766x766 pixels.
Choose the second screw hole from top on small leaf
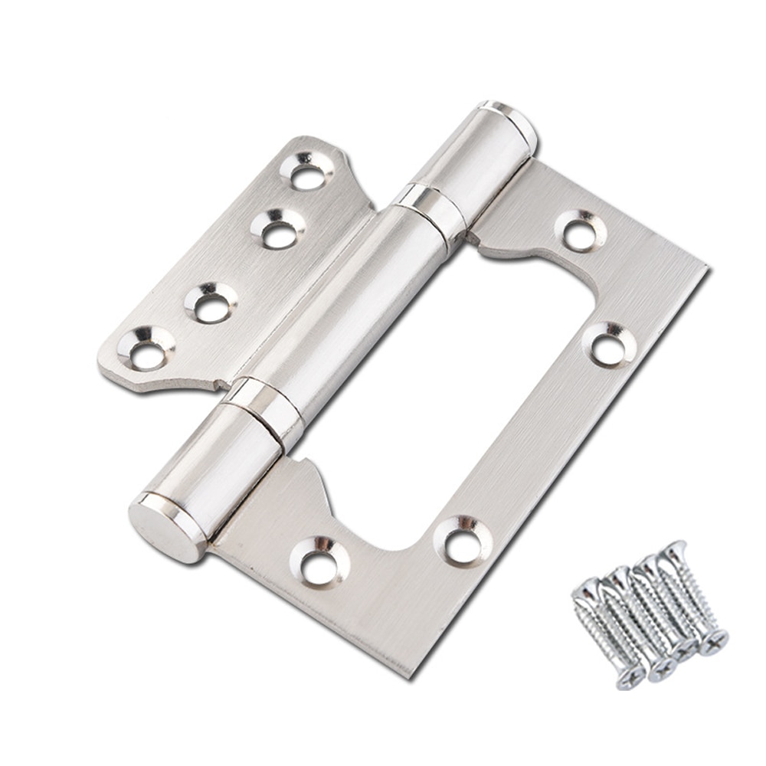click(x=279, y=232)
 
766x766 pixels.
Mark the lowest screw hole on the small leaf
click(x=146, y=353)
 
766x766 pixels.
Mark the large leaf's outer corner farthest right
click(x=705, y=270)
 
